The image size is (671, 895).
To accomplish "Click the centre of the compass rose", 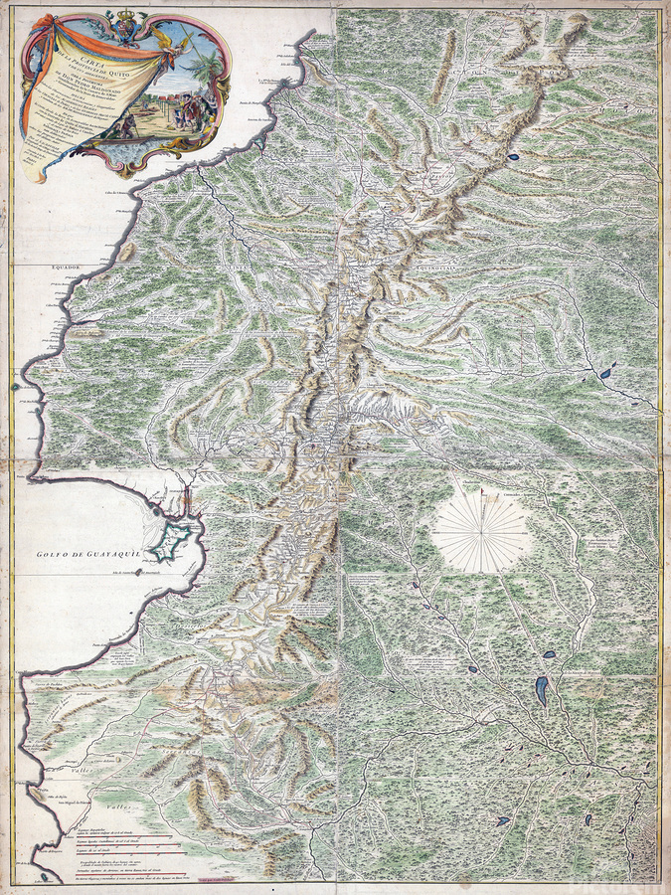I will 484,535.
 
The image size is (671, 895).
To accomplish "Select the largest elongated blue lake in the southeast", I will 541,690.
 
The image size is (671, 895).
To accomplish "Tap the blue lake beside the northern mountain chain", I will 513,157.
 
